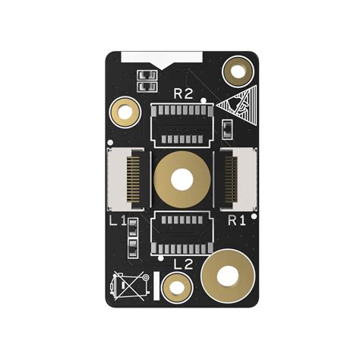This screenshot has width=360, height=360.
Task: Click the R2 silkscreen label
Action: click(x=183, y=93)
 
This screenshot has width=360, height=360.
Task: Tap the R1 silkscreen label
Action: click(x=237, y=220)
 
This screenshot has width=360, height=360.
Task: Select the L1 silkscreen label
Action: click(x=118, y=221)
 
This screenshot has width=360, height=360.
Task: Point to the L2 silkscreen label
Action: click(x=183, y=264)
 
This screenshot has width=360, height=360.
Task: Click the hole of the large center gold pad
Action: click(x=182, y=180)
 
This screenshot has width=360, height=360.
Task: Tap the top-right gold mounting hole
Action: click(x=238, y=72)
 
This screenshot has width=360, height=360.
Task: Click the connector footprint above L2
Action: click(x=182, y=234)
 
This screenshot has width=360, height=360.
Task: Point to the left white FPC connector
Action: click(x=125, y=180)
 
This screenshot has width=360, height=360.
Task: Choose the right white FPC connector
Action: click(x=239, y=180)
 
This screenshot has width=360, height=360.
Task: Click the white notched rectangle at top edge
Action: click(x=163, y=57)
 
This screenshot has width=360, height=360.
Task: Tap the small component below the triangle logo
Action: click(x=228, y=128)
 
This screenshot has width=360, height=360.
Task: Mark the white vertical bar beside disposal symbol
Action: click(x=156, y=286)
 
